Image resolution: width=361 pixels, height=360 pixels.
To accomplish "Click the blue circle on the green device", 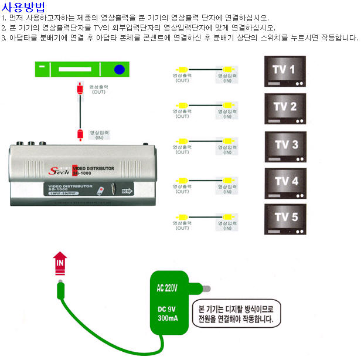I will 120,70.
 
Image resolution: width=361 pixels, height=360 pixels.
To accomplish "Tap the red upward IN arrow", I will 59,263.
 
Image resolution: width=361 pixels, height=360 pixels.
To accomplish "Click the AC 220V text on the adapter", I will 167,288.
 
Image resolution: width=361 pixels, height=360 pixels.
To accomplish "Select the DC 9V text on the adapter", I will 167,309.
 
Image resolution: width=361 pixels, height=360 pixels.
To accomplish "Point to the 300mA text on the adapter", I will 167,319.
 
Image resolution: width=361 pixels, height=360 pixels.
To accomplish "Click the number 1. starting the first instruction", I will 4,18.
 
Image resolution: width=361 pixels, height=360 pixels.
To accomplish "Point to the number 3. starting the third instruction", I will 4,38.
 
